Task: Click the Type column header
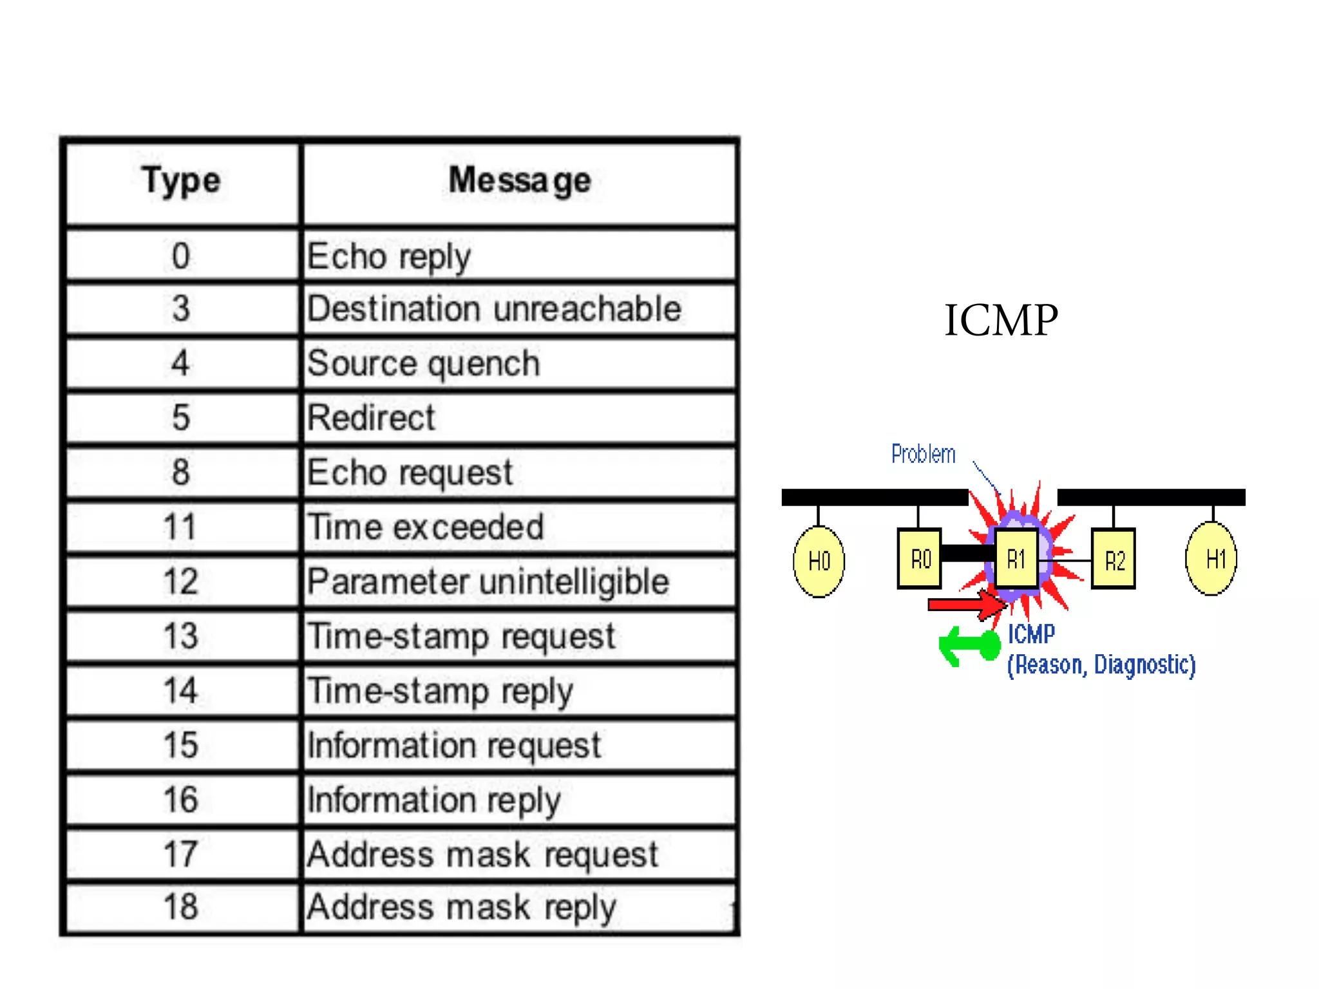(182, 181)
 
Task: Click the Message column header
(519, 181)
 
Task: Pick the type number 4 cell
(181, 363)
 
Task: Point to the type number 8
(181, 472)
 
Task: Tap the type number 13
(181, 636)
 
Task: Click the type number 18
(181, 907)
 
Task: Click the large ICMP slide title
(1000, 320)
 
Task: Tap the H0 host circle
(819, 561)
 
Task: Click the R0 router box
(920, 559)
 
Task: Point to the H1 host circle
(1211, 559)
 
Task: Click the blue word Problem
(923, 454)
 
